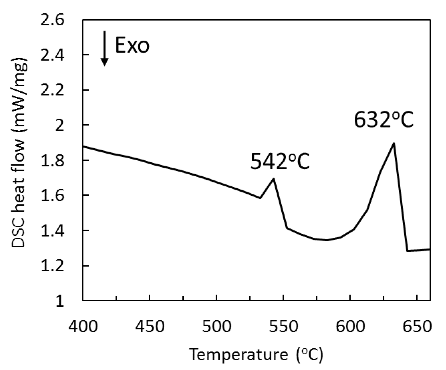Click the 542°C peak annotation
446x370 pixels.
click(280, 162)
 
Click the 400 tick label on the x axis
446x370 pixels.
click(83, 326)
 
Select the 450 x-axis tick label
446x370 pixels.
click(150, 326)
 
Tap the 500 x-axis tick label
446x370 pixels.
click(217, 326)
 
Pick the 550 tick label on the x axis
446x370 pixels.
click(283, 326)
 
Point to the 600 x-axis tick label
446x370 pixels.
click(350, 326)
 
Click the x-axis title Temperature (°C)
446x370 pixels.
click(256, 355)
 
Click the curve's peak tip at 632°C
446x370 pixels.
click(394, 143)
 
